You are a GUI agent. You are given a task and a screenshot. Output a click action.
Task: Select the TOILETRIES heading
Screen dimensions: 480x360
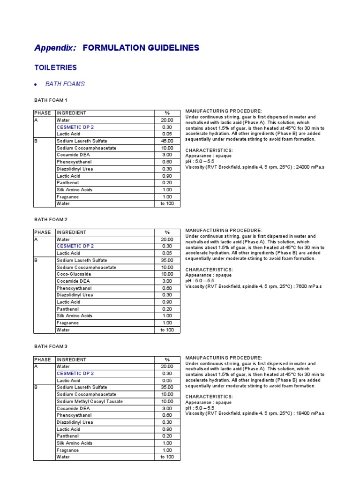click(55, 67)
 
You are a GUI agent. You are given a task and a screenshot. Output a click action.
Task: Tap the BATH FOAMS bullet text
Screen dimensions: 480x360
click(65, 84)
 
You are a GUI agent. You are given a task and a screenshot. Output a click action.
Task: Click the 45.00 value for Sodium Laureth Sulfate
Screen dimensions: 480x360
click(167, 141)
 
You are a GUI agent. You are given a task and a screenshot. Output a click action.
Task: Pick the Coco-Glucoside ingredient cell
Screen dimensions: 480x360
click(74, 274)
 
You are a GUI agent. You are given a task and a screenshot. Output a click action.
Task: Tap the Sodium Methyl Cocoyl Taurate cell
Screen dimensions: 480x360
click(90, 401)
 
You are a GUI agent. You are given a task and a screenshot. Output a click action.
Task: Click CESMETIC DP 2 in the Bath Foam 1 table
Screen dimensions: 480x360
click(75, 127)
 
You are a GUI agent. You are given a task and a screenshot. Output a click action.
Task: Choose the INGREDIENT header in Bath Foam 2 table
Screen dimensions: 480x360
click(71, 232)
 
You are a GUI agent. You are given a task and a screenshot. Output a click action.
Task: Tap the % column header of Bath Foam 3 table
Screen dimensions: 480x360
click(167, 360)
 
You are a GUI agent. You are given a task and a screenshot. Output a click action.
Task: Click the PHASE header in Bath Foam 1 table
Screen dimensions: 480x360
click(43, 113)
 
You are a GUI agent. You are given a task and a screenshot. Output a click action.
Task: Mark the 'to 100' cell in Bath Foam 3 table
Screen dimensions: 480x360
click(167, 457)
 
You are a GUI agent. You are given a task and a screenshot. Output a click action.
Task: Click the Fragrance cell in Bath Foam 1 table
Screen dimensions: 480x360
click(67, 197)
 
